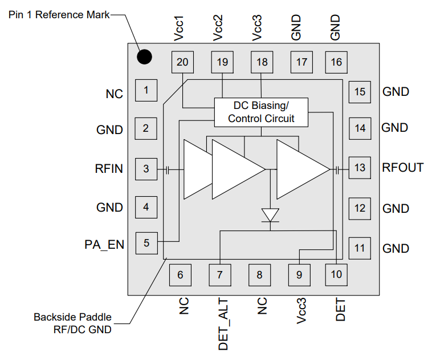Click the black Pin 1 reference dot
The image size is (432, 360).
point(144,56)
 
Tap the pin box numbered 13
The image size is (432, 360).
point(360,168)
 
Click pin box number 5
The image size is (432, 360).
point(146,243)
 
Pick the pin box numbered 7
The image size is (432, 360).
point(220,275)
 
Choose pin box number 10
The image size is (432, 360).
point(336,274)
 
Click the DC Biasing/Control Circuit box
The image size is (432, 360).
point(261,112)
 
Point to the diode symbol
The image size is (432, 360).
point(270,216)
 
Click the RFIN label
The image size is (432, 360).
point(109,169)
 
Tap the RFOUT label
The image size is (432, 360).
point(403,168)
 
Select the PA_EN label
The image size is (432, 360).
point(104,245)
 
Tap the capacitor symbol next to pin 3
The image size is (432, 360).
point(167,169)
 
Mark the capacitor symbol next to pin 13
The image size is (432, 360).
point(337,169)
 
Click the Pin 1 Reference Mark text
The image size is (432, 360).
point(59,14)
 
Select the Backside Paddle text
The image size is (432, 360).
point(72,317)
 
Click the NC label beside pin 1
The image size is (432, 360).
point(114,94)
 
